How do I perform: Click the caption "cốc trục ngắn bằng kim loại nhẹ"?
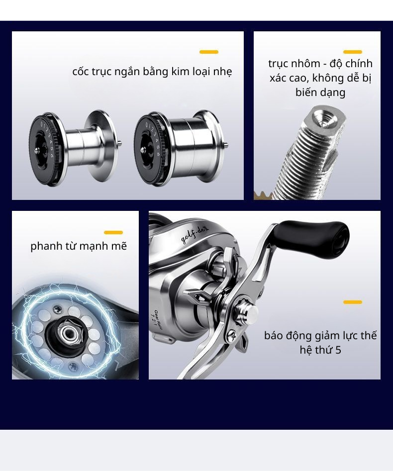[152, 71]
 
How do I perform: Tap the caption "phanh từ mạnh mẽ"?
[79, 246]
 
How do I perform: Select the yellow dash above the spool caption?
[209, 52]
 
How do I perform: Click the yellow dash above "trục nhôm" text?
[353, 52]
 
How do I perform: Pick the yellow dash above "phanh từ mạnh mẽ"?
[113, 232]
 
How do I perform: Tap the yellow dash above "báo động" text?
[353, 302]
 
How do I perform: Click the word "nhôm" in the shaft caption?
[306, 64]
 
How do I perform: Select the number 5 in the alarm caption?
[338, 350]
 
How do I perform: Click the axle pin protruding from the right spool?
[226, 145]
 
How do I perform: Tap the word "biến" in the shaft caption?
[306, 92]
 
